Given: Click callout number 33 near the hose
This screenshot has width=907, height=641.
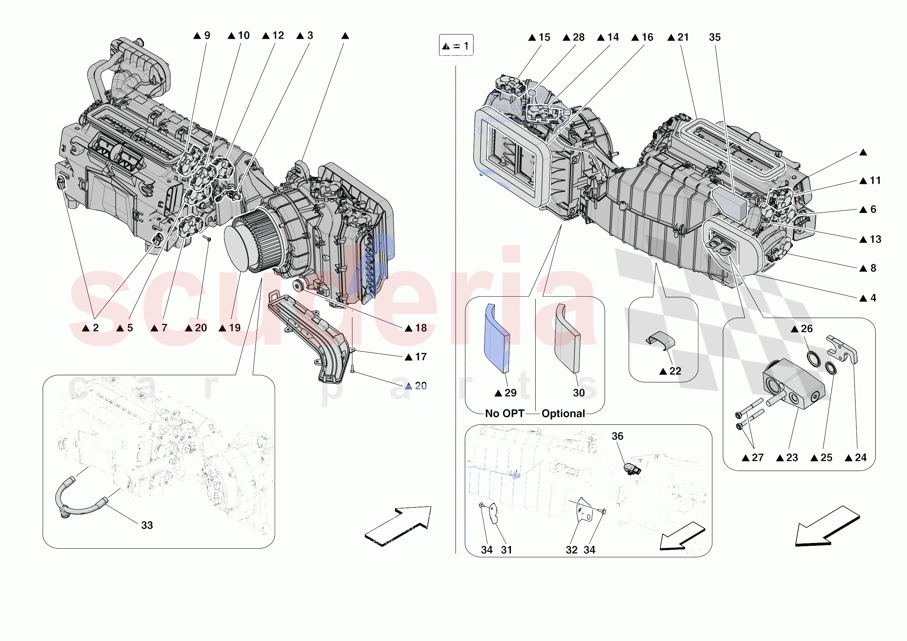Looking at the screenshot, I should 147,525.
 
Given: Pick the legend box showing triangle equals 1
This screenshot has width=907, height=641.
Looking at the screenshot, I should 456,46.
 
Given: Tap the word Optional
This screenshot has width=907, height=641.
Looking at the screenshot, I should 563,414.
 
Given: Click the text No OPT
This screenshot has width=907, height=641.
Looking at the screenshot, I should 504,414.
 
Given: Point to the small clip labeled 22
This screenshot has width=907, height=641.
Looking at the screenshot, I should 660,340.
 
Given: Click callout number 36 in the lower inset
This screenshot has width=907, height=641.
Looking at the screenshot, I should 618,436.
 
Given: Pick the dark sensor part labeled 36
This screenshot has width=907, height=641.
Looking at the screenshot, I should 632,469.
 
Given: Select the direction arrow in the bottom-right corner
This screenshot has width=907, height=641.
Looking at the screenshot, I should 827,526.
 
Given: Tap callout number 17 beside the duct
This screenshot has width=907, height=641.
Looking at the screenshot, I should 421,357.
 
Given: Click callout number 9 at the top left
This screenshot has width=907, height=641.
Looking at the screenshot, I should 206,36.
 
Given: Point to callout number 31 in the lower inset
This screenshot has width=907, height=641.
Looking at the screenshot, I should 506,550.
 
